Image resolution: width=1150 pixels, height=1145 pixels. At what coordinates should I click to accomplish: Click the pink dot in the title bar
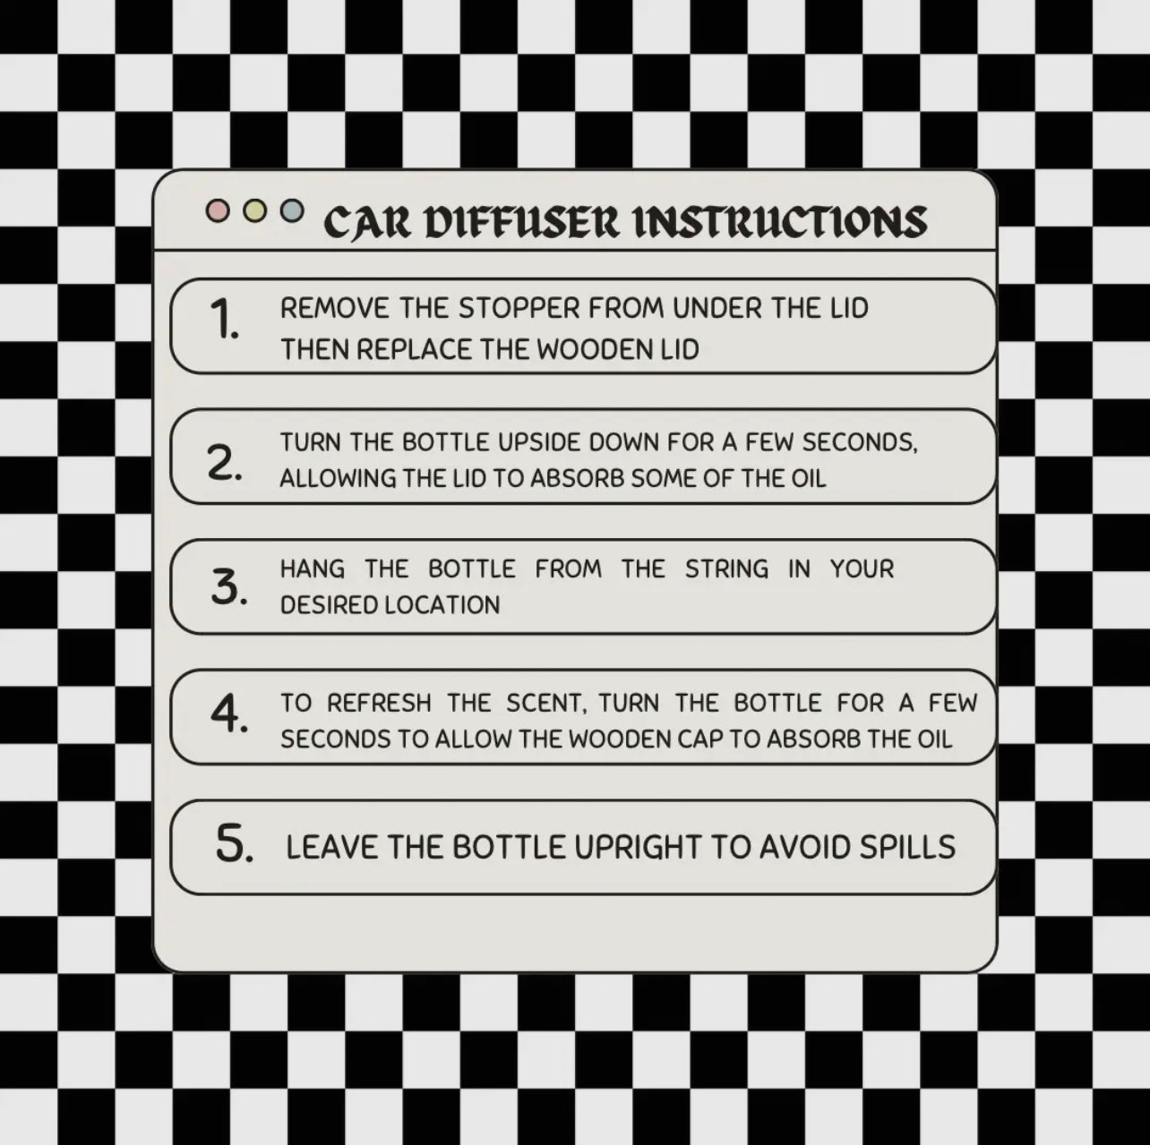point(218,210)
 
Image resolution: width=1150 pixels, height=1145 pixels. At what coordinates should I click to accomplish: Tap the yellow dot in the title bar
point(255,210)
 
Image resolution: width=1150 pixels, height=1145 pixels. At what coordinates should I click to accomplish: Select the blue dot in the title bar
point(292,210)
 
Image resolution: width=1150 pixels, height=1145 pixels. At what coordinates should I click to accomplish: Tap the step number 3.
point(228,587)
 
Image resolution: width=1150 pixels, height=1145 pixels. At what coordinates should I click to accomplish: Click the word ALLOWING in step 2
point(338,479)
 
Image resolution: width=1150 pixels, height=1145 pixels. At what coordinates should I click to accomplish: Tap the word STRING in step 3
point(726,569)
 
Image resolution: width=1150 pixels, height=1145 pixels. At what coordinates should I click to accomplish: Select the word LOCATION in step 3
point(442,605)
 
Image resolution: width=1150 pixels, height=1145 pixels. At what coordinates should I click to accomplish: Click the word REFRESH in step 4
point(379,704)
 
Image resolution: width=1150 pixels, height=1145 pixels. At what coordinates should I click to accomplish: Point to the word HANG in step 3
point(312,569)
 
